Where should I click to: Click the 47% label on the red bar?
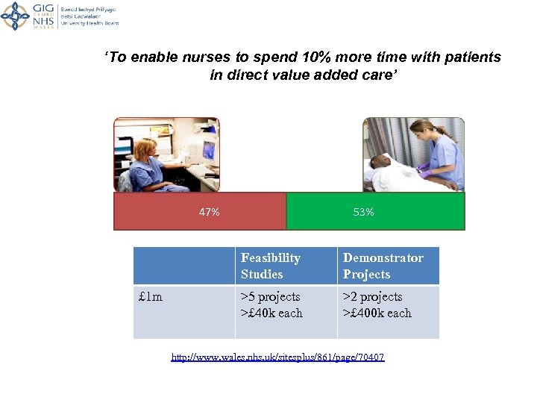click(210, 212)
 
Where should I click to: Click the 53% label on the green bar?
click(364, 212)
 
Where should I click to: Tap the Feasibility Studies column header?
click(271, 266)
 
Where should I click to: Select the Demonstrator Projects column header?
click(383, 266)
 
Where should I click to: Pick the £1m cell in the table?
click(151, 297)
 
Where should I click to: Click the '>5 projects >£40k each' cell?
click(271, 305)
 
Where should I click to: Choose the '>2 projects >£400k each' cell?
click(377, 305)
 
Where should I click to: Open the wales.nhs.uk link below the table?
click(277, 357)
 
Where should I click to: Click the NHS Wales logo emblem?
click(15, 15)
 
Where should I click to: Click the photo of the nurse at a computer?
click(166, 154)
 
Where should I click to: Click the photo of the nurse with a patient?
click(413, 154)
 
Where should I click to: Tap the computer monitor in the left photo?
click(207, 151)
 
